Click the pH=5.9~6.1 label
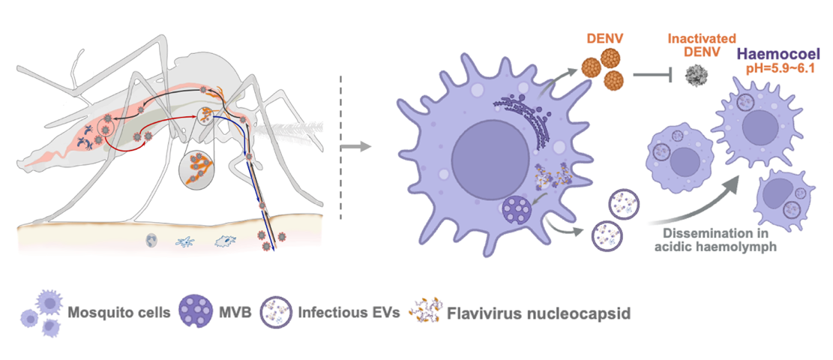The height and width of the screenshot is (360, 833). click(780, 70)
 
